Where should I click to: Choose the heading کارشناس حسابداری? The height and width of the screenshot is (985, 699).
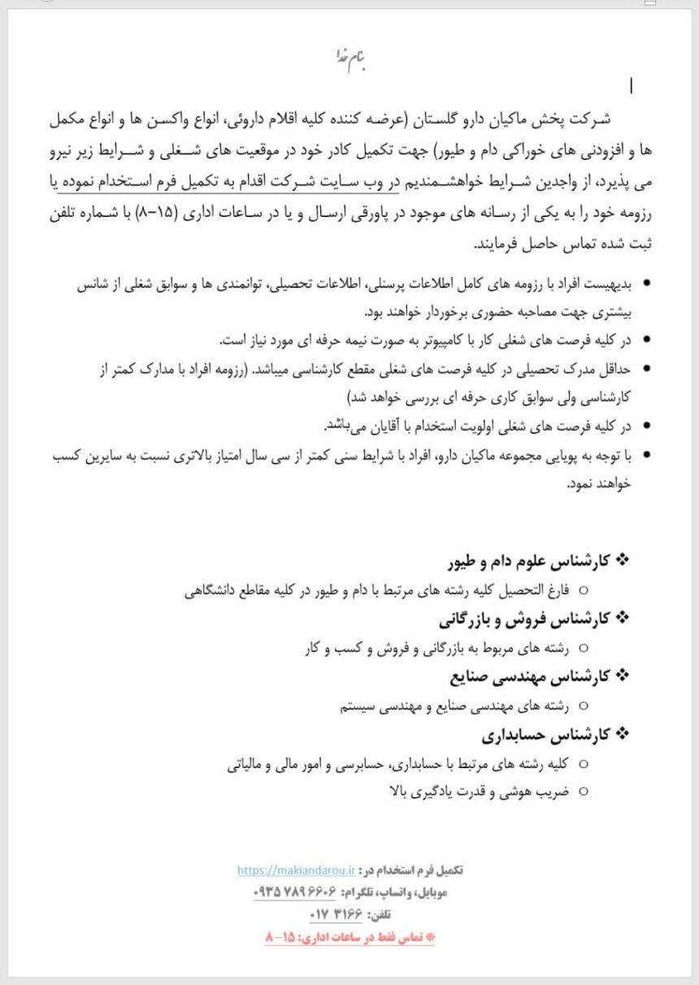click(545, 735)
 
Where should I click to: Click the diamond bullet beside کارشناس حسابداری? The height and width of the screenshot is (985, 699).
click(624, 735)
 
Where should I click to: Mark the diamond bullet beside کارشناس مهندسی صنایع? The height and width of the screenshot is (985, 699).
click(624, 675)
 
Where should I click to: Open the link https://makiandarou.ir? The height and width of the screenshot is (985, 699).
click(297, 870)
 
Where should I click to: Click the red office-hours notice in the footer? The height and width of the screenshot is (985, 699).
click(350, 937)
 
